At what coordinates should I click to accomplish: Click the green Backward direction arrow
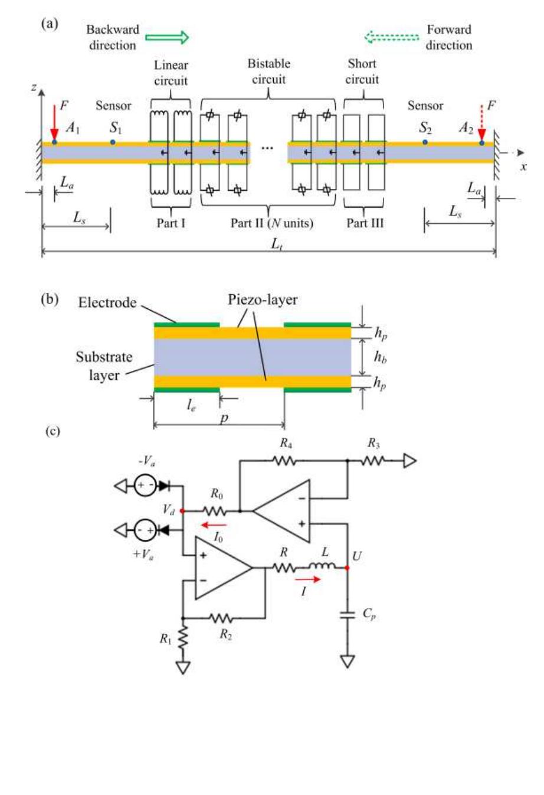pos(167,38)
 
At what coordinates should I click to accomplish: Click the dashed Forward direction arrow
pos(392,38)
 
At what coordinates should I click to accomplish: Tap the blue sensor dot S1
pos(113,142)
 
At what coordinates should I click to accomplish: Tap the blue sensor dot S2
pos(425,142)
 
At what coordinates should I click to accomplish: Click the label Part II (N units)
pos(271,223)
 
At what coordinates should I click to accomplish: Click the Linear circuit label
pos(171,73)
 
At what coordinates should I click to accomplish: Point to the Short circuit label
pos(362,71)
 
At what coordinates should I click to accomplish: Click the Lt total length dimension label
pos(276,244)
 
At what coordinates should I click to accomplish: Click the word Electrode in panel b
pos(107,303)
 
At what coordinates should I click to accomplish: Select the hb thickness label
pos(381,358)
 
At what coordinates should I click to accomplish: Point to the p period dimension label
pos(224,417)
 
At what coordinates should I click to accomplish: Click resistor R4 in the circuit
pos(286,461)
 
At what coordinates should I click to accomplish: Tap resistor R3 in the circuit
pos(373,461)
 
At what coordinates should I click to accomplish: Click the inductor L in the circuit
pos(322,568)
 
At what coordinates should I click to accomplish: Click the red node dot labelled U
pos(347,568)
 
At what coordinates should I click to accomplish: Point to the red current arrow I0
pos(214,524)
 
